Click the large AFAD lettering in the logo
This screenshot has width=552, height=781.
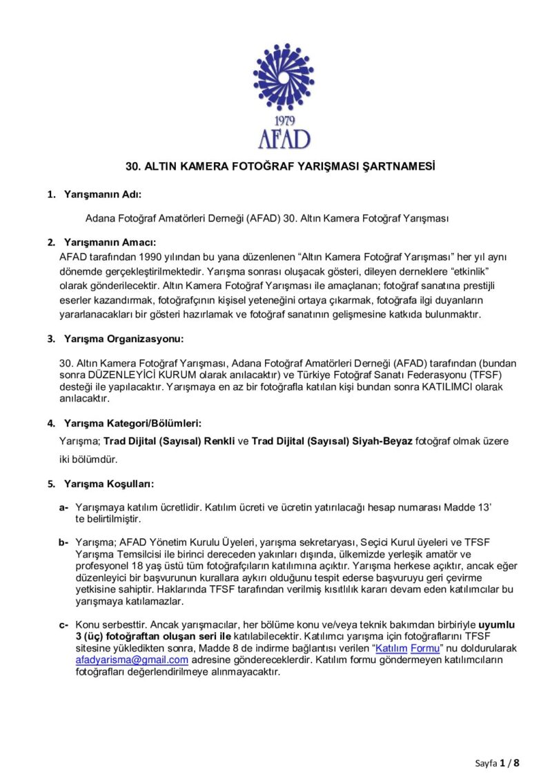point(284,139)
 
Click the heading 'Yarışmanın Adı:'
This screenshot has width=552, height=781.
point(103,195)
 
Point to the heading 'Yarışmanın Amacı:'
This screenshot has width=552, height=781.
point(110,242)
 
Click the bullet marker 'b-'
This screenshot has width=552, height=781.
point(64,542)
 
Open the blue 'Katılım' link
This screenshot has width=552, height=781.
point(391,649)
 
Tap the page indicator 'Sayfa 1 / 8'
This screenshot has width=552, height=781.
point(497,762)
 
